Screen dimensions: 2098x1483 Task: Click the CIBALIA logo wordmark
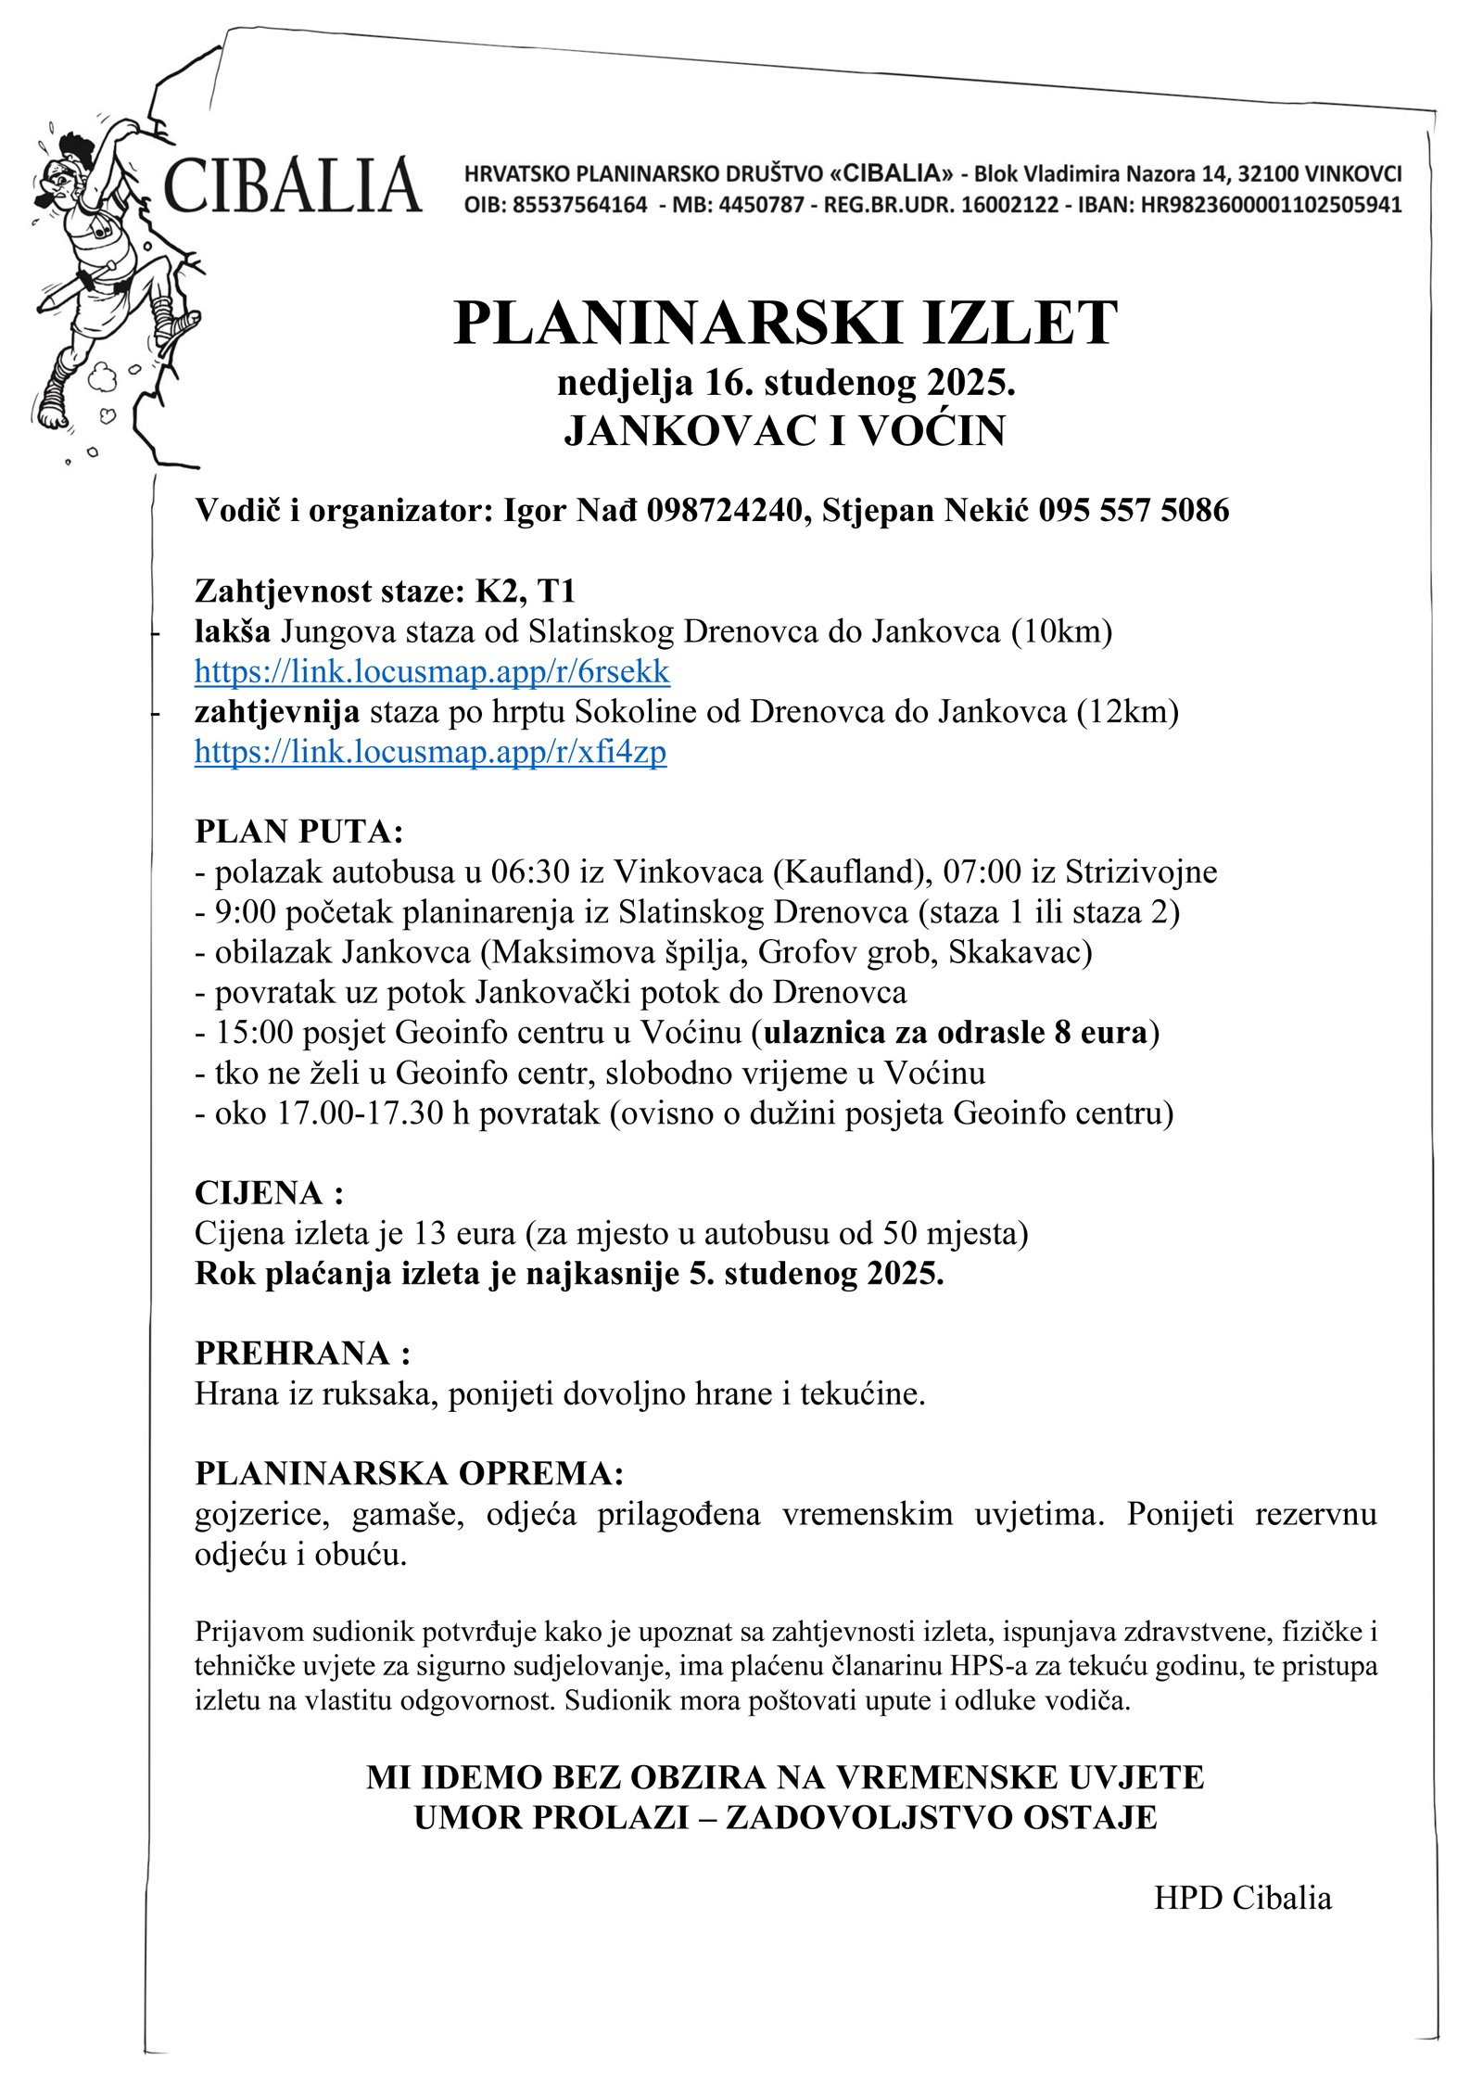click(292, 185)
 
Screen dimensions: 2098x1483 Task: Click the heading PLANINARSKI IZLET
click(785, 324)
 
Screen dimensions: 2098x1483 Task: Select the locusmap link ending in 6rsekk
click(432, 671)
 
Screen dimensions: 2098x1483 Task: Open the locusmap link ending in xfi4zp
click(430, 751)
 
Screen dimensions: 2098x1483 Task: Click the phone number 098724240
click(724, 510)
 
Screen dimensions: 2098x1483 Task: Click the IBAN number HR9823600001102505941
click(1271, 205)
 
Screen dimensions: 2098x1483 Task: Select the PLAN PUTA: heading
click(298, 832)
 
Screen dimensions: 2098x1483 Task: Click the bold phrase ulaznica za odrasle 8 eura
click(956, 1033)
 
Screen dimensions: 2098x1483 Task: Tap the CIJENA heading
click(268, 1193)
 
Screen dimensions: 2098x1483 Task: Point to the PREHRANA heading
click(302, 1354)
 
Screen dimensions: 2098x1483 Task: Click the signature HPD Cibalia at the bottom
click(1242, 1898)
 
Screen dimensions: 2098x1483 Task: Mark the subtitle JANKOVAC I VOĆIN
click(785, 431)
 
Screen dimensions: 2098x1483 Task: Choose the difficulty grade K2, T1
click(525, 591)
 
